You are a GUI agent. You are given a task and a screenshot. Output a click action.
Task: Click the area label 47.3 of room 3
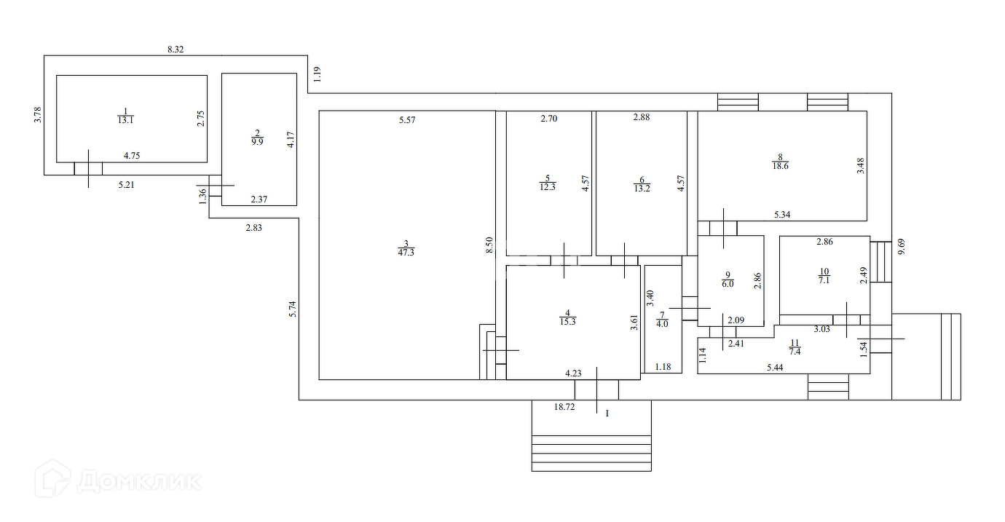pyautogui.click(x=406, y=253)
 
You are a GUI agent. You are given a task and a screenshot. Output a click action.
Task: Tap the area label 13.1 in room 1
pyautogui.click(x=125, y=121)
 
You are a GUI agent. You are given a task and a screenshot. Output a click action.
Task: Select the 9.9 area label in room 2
pyautogui.click(x=257, y=141)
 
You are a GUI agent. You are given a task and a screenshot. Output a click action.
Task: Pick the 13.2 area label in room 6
pyautogui.click(x=641, y=187)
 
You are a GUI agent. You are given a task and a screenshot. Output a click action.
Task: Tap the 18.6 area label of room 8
pyautogui.click(x=780, y=166)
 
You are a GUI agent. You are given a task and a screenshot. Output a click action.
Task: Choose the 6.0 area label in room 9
pyautogui.click(x=727, y=284)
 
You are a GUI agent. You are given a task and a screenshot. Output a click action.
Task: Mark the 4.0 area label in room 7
pyautogui.click(x=663, y=324)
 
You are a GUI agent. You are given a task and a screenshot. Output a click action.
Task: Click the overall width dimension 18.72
pyautogui.click(x=564, y=408)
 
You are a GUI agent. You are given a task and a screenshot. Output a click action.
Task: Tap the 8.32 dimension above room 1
pyautogui.click(x=175, y=49)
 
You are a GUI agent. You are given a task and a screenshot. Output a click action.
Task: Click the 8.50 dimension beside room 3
pyautogui.click(x=490, y=245)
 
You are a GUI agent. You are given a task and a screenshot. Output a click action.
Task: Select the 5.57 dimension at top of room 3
pyautogui.click(x=407, y=120)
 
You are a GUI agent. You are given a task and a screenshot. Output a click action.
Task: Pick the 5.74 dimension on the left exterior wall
pyautogui.click(x=293, y=309)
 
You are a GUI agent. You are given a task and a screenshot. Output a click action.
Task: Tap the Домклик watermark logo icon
pyautogui.click(x=53, y=478)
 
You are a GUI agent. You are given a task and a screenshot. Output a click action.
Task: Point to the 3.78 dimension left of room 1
pyautogui.click(x=39, y=115)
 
